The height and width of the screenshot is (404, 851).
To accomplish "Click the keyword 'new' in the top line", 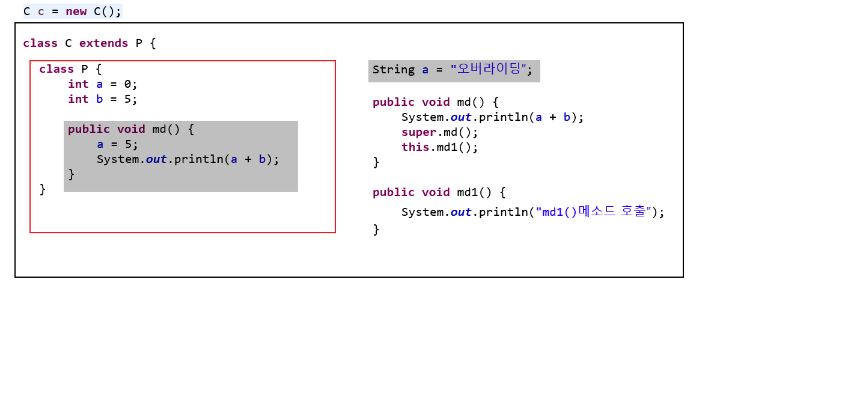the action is pyautogui.click(x=76, y=11).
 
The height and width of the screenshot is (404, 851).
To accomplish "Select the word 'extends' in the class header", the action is pyautogui.click(x=103, y=43).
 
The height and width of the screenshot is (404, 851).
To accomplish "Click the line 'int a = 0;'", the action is pyautogui.click(x=103, y=84).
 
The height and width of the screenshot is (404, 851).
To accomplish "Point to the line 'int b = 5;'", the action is pyautogui.click(x=103, y=99).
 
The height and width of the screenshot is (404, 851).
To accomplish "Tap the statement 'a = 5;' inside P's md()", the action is pyautogui.click(x=117, y=144).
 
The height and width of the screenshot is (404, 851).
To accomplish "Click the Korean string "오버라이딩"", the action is pyautogui.click(x=489, y=69).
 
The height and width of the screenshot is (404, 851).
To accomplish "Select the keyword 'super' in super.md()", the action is pyautogui.click(x=419, y=132).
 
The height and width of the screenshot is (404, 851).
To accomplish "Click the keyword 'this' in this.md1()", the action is pyautogui.click(x=415, y=147).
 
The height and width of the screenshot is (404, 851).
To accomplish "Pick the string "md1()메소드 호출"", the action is pyautogui.click(x=593, y=212).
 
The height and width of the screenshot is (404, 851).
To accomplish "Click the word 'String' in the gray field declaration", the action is pyautogui.click(x=394, y=70).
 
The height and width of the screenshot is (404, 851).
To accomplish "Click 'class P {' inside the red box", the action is pyautogui.click(x=71, y=69).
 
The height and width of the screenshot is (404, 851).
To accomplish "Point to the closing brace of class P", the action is pyautogui.click(x=43, y=189).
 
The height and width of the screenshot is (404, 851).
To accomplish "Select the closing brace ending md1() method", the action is pyautogui.click(x=376, y=230).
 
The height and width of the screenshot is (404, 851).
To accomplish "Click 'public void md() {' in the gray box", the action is pyautogui.click(x=131, y=129).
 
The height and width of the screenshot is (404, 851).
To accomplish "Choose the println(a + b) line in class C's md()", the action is pyautogui.click(x=492, y=117).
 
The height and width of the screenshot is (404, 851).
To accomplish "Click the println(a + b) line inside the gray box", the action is pyautogui.click(x=188, y=159).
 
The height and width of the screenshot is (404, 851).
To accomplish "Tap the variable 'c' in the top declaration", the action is pyautogui.click(x=41, y=11).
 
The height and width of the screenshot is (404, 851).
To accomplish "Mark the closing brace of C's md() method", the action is pyautogui.click(x=376, y=162).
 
